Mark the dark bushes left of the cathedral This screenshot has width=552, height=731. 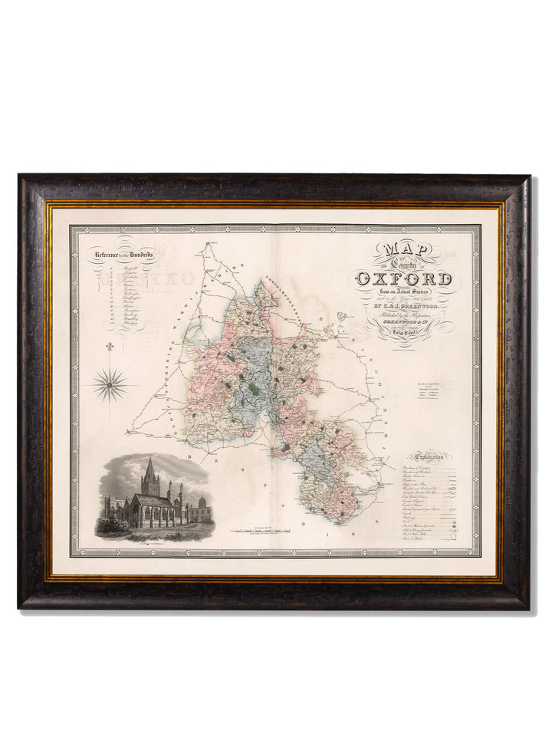point(109,525)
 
